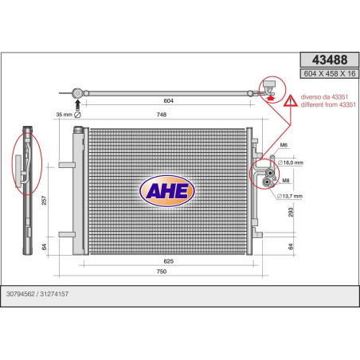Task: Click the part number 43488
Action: [x=330, y=60]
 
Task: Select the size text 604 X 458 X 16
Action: [x=330, y=74]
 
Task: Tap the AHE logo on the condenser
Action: [x=167, y=191]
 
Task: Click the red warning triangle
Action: [x=291, y=101]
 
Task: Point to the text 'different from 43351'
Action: [x=328, y=104]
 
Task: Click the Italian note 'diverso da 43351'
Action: [x=324, y=97]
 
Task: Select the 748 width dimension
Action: [x=162, y=115]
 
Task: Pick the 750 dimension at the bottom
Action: [x=162, y=272]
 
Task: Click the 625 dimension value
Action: [x=168, y=261]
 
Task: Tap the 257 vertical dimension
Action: [x=44, y=201]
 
